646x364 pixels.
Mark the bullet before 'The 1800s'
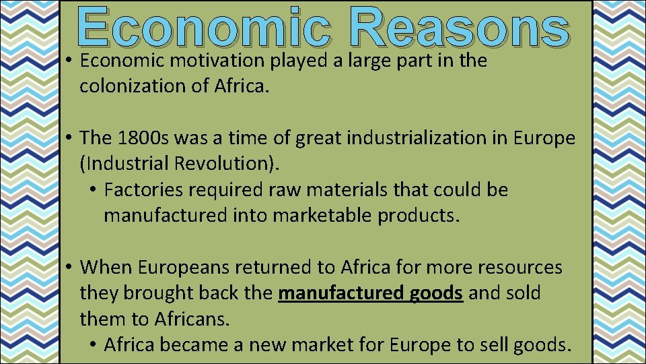click(x=70, y=139)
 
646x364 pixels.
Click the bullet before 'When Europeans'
click(x=70, y=268)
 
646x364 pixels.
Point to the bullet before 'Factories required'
click(x=94, y=191)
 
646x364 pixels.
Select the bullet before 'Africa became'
click(x=94, y=346)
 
